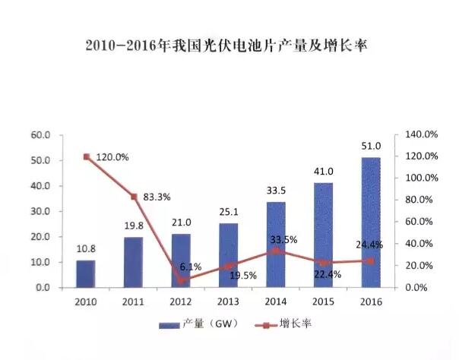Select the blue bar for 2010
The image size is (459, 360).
pos(86,273)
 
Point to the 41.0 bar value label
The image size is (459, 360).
pos(324,172)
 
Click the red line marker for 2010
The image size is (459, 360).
pos(87,157)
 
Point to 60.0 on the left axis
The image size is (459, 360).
pos(40,135)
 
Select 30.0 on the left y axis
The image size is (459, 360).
pos(40,211)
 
